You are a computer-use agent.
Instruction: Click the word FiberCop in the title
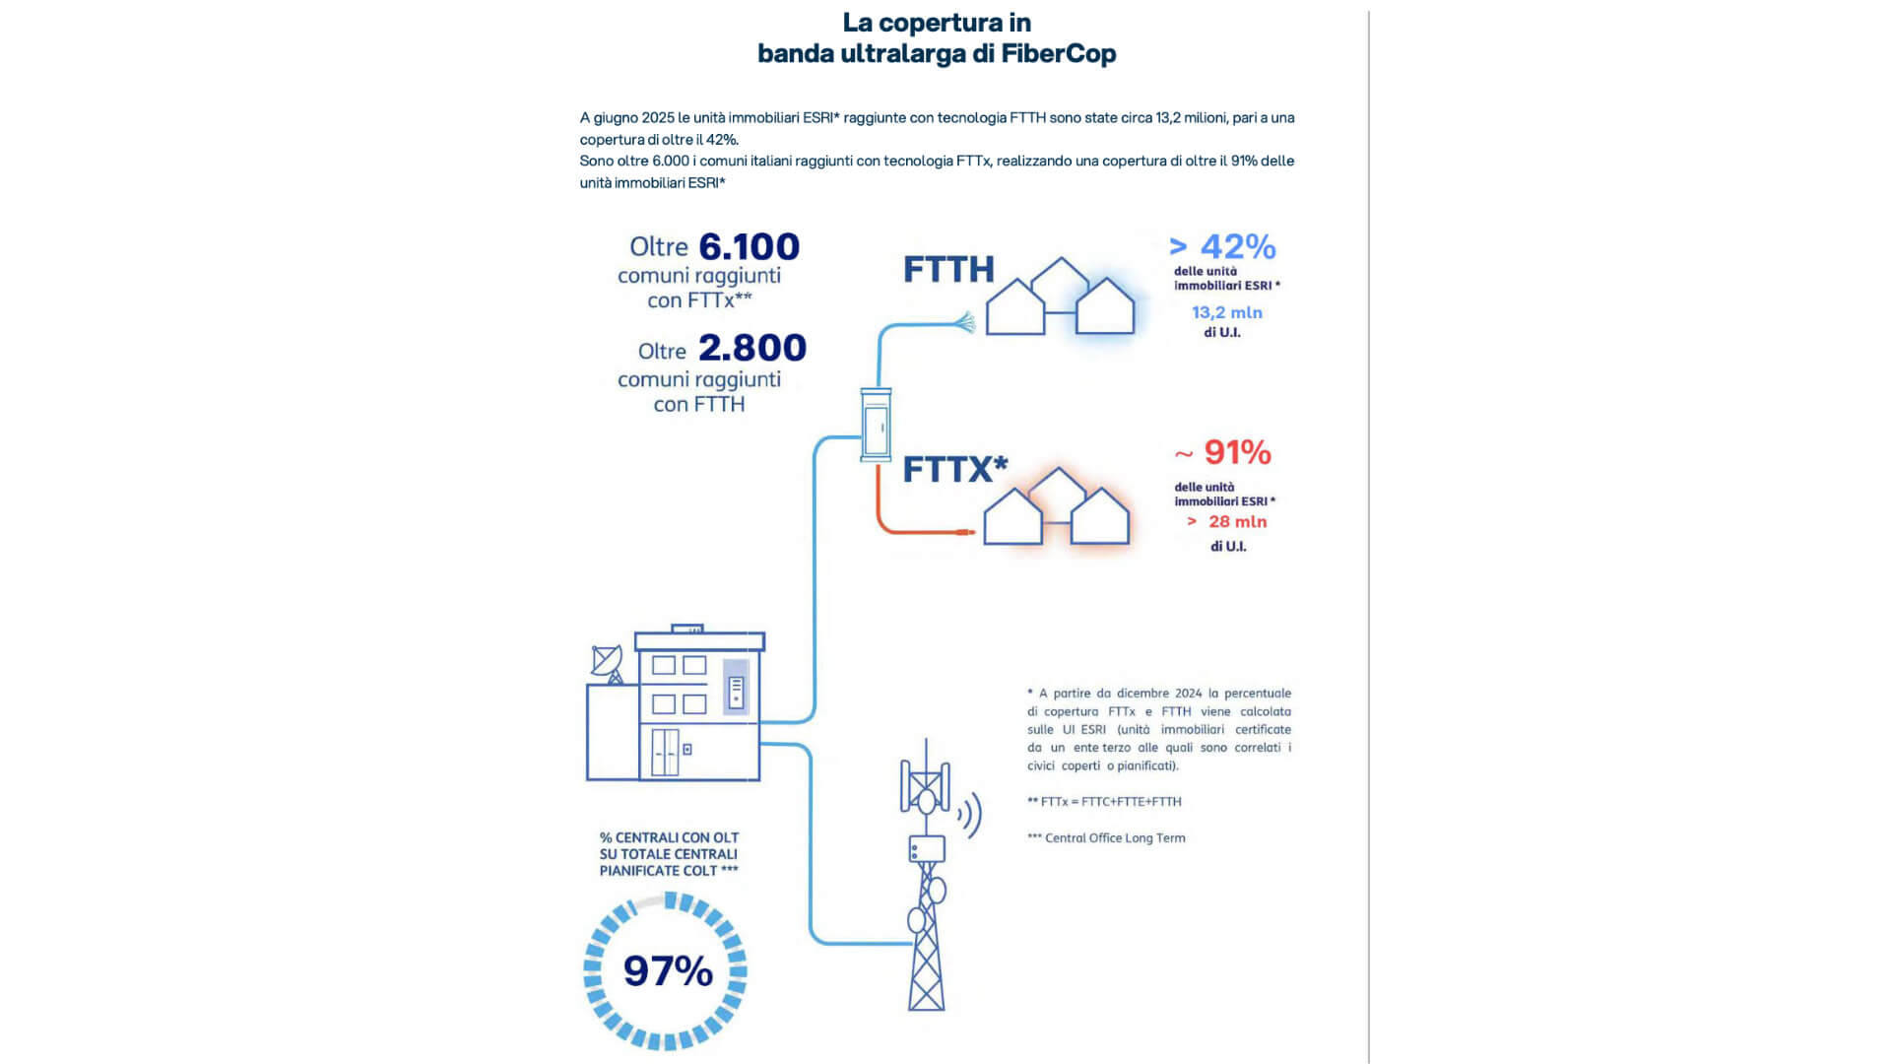pyautogui.click(x=1058, y=53)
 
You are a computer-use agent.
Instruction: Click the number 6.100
pyautogui.click(x=749, y=246)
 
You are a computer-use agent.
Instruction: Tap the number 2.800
pyautogui.click(x=751, y=348)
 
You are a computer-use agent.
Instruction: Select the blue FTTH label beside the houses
pyautogui.click(x=948, y=270)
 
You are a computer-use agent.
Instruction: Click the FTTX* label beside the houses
pyautogui.click(x=954, y=469)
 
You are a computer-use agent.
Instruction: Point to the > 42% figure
pyautogui.click(x=1222, y=246)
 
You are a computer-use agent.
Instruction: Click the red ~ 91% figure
pyautogui.click(x=1223, y=452)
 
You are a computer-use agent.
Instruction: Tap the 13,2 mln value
pyautogui.click(x=1226, y=312)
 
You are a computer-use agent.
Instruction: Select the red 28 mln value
pyautogui.click(x=1237, y=522)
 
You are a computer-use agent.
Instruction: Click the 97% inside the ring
pyautogui.click(x=668, y=971)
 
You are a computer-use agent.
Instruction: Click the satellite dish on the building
pyautogui.click(x=607, y=662)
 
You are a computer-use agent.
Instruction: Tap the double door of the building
pyautogui.click(x=666, y=752)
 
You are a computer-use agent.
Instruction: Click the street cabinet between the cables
pyautogui.click(x=876, y=425)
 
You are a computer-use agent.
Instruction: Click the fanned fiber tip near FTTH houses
pyautogui.click(x=964, y=321)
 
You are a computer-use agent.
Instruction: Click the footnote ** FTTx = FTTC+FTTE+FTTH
pyautogui.click(x=1104, y=802)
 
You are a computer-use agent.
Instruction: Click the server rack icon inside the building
pyautogui.click(x=736, y=692)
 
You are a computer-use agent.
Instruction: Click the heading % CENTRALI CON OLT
pyautogui.click(x=669, y=837)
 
